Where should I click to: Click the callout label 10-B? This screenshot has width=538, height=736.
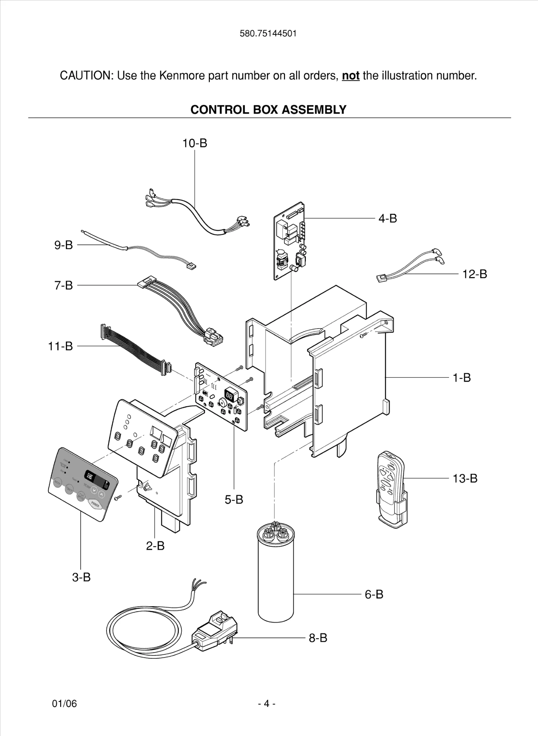pos(195,143)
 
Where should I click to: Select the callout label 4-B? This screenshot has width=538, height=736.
pos(388,218)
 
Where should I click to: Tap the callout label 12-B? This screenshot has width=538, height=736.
pos(474,274)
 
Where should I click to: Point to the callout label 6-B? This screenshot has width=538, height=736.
pos(374,594)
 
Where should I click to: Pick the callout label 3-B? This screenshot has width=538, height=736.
pos(81,577)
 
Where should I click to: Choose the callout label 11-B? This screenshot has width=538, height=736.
pos(60,346)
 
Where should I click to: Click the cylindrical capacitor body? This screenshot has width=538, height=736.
pos(276,582)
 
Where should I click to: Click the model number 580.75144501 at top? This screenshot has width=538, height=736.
pos(268,34)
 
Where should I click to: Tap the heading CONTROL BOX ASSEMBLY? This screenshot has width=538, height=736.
pos(268,110)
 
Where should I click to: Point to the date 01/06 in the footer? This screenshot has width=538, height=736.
pos(64,703)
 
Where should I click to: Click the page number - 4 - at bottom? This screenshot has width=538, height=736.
pos(267,703)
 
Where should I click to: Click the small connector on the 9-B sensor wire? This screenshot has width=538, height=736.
pos(191,266)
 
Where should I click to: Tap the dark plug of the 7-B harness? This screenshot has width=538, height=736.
pos(213,338)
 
